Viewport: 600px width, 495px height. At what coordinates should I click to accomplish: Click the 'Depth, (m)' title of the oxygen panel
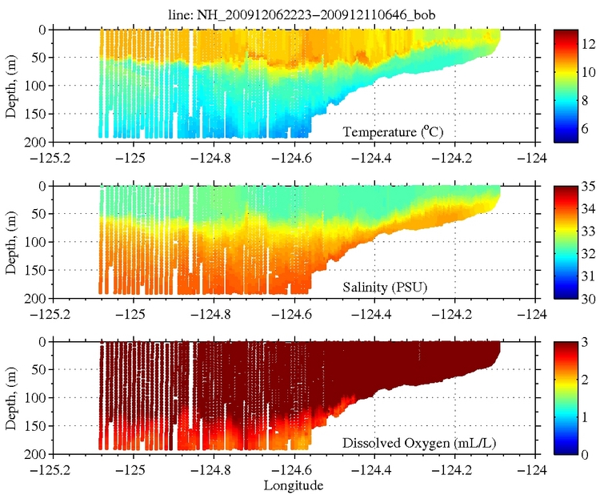point(10,397)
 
